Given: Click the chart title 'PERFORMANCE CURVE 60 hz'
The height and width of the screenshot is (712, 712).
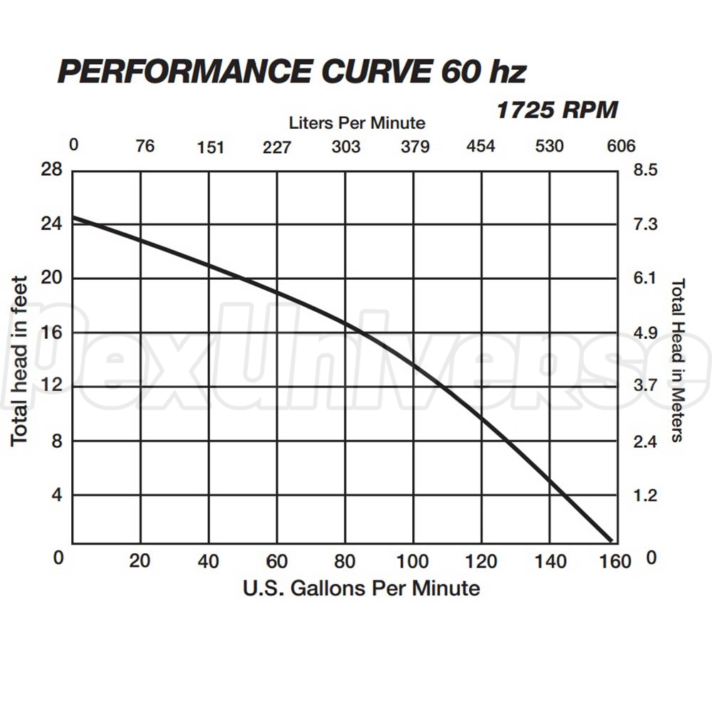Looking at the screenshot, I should click(292, 72).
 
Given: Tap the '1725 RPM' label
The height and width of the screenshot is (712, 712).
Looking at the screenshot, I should click(556, 110).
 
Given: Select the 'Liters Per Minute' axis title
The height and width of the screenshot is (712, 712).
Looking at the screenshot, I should click(357, 122).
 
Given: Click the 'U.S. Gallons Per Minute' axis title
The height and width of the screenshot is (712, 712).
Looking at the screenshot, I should click(361, 588).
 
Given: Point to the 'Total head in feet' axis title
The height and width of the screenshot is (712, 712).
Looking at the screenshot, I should click(19, 361).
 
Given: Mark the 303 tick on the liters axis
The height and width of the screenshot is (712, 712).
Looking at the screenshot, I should click(346, 147).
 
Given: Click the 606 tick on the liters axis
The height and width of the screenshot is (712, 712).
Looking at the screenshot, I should click(620, 147).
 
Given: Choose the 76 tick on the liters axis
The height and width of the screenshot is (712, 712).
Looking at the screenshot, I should click(145, 147).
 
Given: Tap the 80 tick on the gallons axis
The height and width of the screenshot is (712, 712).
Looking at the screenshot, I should click(345, 562).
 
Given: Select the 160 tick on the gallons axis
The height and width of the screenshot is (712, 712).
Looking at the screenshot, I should click(616, 562).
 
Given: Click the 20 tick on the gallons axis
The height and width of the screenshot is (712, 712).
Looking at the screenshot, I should click(140, 561).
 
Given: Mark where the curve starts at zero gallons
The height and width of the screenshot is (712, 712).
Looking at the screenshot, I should click(73, 217).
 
